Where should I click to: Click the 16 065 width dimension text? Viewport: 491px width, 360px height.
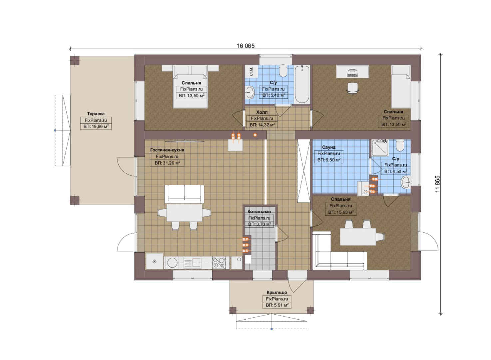point(245,46)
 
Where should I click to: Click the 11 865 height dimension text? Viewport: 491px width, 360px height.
point(437,184)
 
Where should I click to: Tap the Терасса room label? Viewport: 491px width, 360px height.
point(96,114)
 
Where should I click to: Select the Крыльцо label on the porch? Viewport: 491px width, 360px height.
point(277,292)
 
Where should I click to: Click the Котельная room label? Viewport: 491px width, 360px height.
point(259,211)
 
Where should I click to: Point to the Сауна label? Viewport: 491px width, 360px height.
point(328,147)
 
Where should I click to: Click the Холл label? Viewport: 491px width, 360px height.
point(262,112)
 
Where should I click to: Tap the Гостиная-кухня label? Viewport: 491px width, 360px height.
point(167,150)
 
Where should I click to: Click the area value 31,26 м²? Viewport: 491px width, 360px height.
point(168,163)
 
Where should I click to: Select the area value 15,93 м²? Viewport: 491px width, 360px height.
point(341,212)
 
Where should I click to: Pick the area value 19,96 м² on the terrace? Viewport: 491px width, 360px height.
point(96,127)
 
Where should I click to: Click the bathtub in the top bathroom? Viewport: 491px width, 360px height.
point(302,84)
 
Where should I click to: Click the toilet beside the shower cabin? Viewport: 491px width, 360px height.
point(400,145)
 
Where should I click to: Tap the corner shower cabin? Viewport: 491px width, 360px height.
point(380,148)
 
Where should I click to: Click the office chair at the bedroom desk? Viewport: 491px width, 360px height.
point(353,88)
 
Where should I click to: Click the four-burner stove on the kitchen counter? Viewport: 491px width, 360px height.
point(219,263)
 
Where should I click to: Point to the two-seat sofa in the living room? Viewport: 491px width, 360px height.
point(184,194)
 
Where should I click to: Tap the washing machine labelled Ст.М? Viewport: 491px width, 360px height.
point(251,71)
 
